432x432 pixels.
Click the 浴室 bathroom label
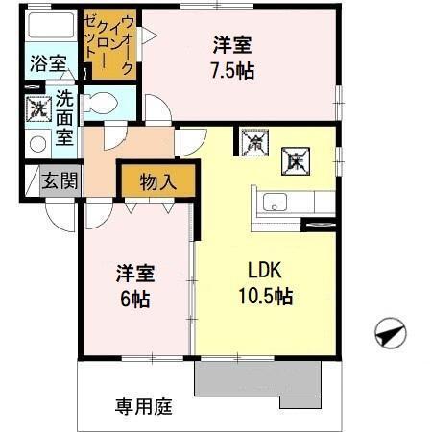point(47,64)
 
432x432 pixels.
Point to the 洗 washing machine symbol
point(37,108)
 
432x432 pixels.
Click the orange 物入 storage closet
point(157,180)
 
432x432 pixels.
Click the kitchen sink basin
point(275,203)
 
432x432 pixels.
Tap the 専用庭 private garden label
point(144,406)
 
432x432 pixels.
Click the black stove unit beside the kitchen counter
point(318,225)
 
